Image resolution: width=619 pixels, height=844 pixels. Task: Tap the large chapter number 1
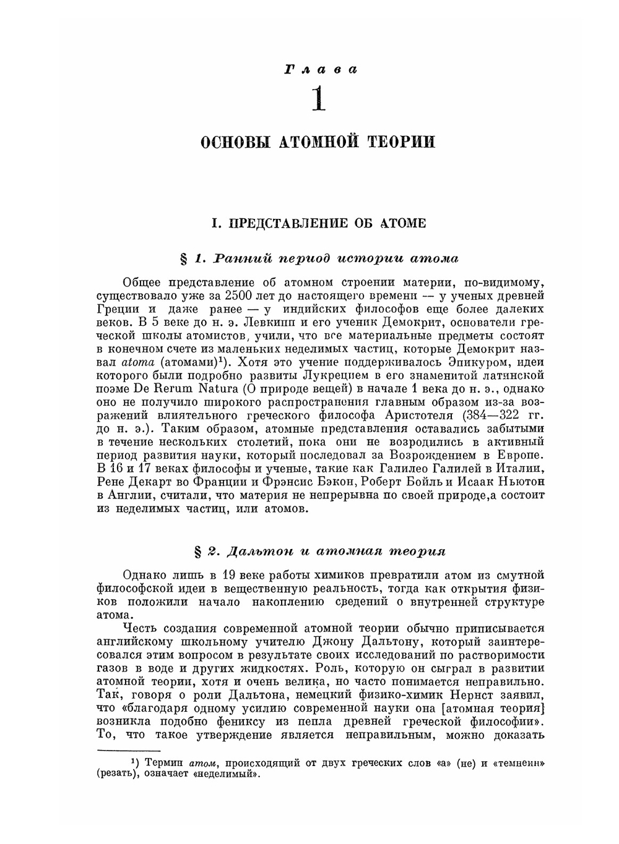click(318, 100)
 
